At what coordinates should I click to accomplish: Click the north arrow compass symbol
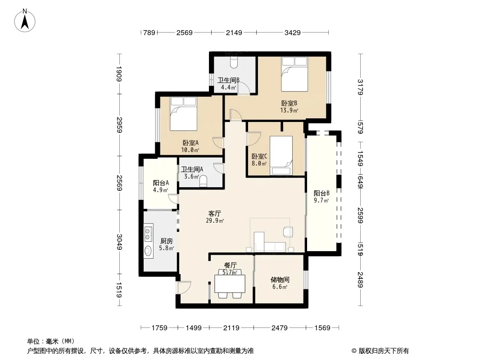[x=25, y=21]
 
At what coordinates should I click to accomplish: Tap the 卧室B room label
[x=289, y=103]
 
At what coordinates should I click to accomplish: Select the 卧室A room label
[x=190, y=143]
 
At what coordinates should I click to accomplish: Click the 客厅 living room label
[x=215, y=213]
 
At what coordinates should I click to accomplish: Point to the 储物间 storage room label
[x=280, y=279]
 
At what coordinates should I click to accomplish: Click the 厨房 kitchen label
[x=166, y=241]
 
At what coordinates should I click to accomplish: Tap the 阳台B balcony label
[x=322, y=193]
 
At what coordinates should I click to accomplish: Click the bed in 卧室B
[x=294, y=74]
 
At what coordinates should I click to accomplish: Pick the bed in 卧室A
[x=183, y=114]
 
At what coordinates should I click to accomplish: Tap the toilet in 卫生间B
[x=234, y=63]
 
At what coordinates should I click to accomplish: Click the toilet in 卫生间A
[x=203, y=181]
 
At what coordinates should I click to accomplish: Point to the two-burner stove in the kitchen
[x=148, y=234]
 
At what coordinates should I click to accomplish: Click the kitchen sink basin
[x=148, y=251]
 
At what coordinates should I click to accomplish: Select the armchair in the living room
[x=288, y=232]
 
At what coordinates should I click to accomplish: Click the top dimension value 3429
[x=292, y=32]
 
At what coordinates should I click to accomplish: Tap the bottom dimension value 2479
[x=280, y=328]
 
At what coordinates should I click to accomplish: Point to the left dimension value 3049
[x=119, y=242]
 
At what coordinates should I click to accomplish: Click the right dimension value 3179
[x=360, y=87]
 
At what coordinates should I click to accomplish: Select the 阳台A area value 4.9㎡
[x=161, y=190]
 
